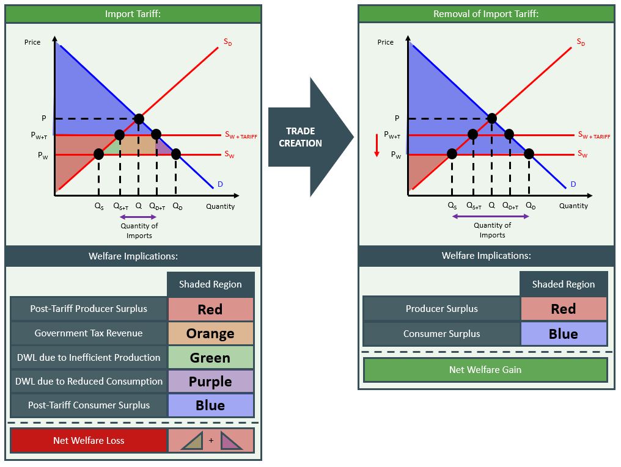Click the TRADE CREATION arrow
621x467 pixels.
306,137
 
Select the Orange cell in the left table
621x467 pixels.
210,333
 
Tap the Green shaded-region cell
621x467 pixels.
210,358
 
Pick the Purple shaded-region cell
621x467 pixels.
210,382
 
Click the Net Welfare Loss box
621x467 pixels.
89,440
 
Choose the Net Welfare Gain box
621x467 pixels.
485,369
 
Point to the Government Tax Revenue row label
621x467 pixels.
89,333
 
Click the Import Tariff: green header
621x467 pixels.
133,13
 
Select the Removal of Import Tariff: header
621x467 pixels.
486,13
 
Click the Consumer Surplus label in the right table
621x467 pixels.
441,334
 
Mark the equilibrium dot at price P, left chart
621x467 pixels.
139,118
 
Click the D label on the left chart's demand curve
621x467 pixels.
219,184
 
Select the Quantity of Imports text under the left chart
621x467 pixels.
139,231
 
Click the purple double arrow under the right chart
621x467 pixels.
493,216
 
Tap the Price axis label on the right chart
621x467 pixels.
386,42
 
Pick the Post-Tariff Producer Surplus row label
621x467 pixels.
89,309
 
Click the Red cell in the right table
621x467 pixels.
564,309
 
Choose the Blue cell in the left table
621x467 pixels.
210,405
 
